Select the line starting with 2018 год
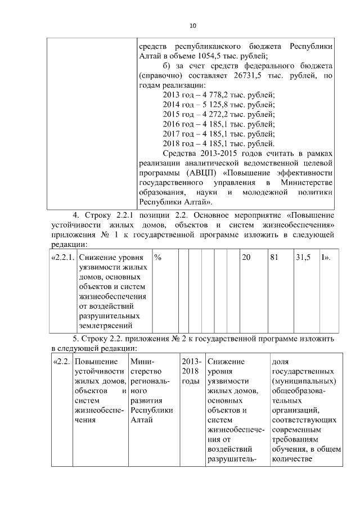click(218, 143)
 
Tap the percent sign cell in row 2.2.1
click(158, 257)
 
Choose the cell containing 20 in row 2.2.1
click(246, 257)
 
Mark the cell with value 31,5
click(303, 257)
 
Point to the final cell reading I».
click(325, 257)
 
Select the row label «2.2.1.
click(61, 257)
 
